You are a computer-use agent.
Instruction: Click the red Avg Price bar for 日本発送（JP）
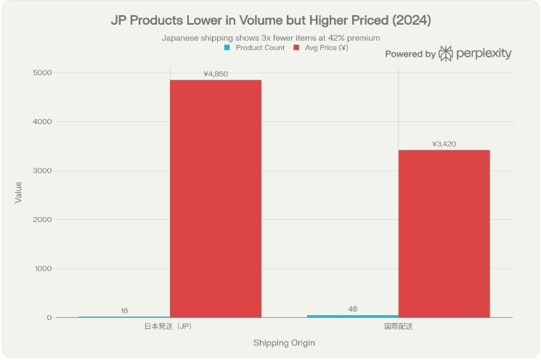click(x=216, y=198)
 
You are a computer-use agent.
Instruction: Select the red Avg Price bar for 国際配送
click(x=444, y=233)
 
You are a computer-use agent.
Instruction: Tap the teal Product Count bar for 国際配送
click(x=352, y=316)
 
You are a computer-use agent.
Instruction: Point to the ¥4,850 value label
click(x=216, y=74)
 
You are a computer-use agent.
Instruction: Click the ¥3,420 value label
click(x=444, y=144)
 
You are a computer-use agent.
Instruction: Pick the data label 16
click(x=124, y=311)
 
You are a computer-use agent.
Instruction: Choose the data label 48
click(x=353, y=309)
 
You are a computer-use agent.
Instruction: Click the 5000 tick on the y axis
click(x=42, y=73)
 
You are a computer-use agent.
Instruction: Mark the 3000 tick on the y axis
click(x=42, y=171)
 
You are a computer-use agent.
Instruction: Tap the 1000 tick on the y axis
click(x=42, y=269)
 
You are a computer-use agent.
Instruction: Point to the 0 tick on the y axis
click(x=49, y=317)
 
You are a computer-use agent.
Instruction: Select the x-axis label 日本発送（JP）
click(x=169, y=327)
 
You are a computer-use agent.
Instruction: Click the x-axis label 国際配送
click(x=398, y=327)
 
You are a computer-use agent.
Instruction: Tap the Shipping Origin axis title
click(x=284, y=343)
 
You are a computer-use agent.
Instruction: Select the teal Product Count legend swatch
click(x=228, y=48)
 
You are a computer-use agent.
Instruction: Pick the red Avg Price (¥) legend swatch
click(x=296, y=48)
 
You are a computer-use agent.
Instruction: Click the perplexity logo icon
click(x=446, y=54)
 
